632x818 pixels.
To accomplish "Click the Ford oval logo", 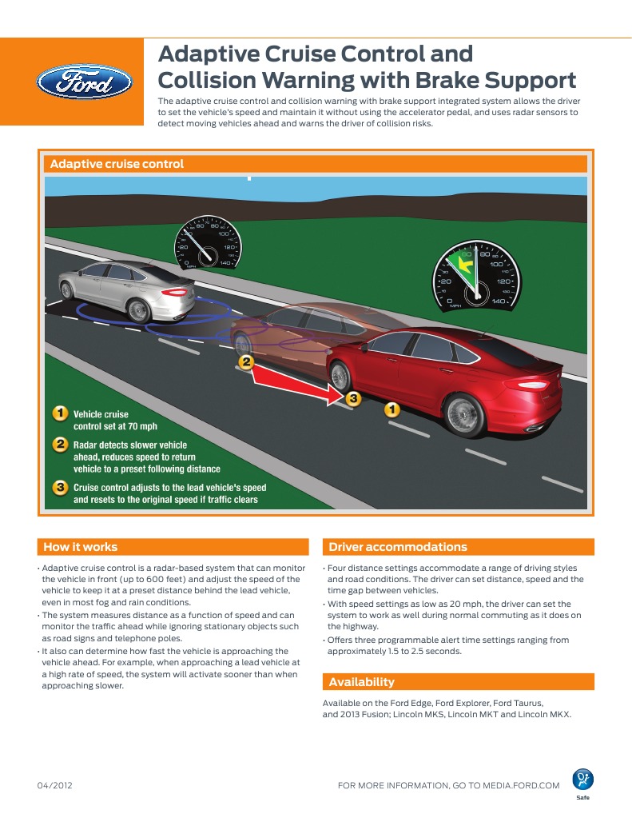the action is pyautogui.click(x=84, y=82).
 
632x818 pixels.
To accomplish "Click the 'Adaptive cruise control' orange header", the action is pyautogui.click(x=117, y=164).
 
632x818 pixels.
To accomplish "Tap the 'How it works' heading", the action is pyautogui.click(x=80, y=547).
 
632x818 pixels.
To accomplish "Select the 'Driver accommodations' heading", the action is pyautogui.click(x=398, y=547).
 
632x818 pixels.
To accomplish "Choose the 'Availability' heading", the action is pyautogui.click(x=362, y=682).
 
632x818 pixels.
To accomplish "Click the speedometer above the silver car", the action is pyautogui.click(x=206, y=242).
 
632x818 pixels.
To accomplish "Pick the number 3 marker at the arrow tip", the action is pyautogui.click(x=353, y=397).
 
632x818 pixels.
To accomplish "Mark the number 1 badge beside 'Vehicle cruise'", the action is pyautogui.click(x=59, y=414).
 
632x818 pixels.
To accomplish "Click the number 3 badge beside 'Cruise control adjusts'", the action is pyautogui.click(x=59, y=487).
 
